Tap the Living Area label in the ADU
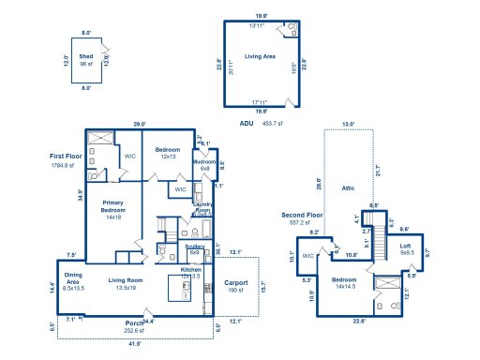pos(260,57)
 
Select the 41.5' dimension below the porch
pos(135,344)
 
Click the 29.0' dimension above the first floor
pos(139,125)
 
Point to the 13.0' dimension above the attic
pos(348,124)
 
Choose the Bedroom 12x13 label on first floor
pos(168,153)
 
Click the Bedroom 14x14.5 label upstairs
pos(345,282)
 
